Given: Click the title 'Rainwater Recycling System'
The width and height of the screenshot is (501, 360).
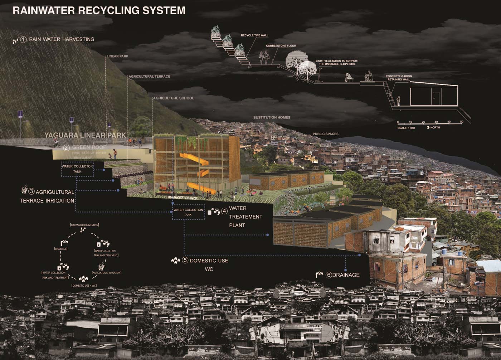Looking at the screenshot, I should pos(99,10).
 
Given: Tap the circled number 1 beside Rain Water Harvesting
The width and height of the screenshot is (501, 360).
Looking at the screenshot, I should pos(24,39).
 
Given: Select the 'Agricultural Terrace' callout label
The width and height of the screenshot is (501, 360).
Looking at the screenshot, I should pos(149,77).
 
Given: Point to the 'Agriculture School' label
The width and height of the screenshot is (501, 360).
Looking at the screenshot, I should pos(174,98).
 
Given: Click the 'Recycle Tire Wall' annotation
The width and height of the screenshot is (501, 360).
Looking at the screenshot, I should pos(254,35).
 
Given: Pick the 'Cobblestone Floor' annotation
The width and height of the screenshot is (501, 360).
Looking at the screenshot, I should pos(281,46).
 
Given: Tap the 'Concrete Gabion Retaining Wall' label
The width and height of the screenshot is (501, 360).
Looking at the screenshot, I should pos(399,78).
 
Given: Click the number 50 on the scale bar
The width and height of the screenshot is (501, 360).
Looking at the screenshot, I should pos(462,122).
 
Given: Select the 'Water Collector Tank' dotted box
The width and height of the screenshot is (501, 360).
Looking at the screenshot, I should pos(77,169).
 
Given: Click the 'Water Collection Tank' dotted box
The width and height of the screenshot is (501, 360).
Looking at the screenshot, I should pos(188,212).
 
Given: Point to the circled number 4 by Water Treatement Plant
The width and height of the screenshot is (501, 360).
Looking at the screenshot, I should pos(224,211).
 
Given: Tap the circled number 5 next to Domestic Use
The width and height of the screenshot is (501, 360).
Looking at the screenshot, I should pos(185,261).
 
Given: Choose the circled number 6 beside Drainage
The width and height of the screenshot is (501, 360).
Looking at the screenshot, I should pos(329,275).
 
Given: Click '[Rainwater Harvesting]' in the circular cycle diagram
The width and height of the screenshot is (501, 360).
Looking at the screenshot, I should pos(84,225).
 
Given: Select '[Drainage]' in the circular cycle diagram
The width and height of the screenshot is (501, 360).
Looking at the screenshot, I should pos(61,248).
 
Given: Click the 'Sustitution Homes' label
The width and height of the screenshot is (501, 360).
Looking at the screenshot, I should pos(272,117).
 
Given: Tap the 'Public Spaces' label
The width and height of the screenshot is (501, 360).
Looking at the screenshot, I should pos(325,134).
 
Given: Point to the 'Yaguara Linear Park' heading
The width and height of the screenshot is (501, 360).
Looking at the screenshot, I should pos(85,135).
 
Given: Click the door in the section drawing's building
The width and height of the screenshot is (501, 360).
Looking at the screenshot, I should pos(436,98).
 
